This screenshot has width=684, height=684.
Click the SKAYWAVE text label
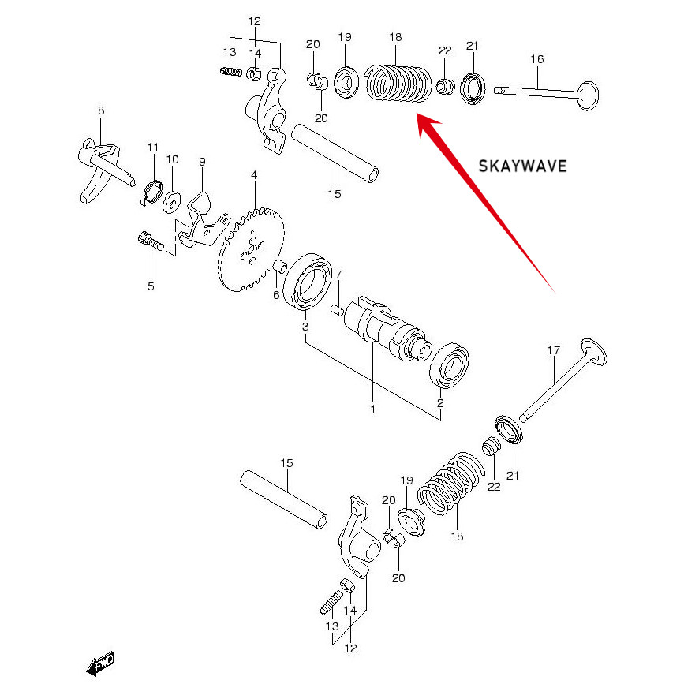point(523,166)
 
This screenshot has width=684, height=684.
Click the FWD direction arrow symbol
point(100,663)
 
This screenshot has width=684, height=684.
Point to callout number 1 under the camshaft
point(372,409)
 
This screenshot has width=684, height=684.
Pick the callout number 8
point(101,111)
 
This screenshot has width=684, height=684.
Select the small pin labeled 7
point(338,308)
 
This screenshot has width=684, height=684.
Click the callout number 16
point(537,59)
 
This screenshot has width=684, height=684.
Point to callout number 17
point(553,350)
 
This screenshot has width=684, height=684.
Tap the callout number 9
point(202,162)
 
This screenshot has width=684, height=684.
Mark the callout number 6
point(276,295)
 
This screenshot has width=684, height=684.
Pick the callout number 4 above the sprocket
point(254,174)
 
